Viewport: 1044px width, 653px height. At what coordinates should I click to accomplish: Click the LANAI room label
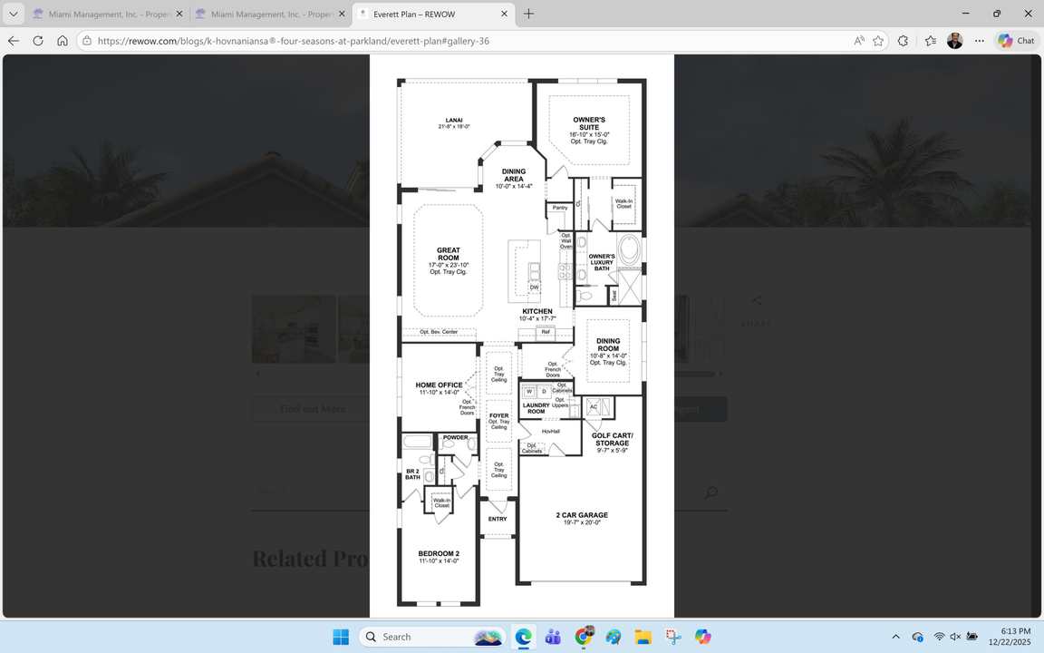pyautogui.click(x=454, y=120)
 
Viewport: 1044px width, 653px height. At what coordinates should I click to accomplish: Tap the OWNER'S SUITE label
pyautogui.click(x=589, y=123)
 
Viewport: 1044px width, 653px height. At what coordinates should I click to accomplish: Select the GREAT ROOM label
pyautogui.click(x=449, y=254)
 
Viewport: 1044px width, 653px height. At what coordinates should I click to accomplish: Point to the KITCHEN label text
pyautogui.click(x=537, y=311)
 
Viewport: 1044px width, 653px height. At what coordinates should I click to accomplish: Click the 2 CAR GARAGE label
pyautogui.click(x=582, y=515)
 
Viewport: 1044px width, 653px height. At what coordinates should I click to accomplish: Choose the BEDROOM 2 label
pyautogui.click(x=439, y=553)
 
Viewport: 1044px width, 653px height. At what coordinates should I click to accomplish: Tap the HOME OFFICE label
pyautogui.click(x=439, y=385)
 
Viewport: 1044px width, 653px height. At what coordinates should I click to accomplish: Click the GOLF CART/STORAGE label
pyautogui.click(x=612, y=439)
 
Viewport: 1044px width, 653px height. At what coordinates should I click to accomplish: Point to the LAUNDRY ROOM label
pyautogui.click(x=536, y=408)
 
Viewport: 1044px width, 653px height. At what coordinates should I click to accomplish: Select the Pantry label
pyautogui.click(x=560, y=208)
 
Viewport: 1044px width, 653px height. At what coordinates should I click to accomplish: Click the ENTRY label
pyautogui.click(x=498, y=519)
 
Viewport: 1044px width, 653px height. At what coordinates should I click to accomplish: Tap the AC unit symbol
pyautogui.click(x=594, y=406)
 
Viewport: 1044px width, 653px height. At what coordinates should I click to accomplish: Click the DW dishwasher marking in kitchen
pyautogui.click(x=534, y=288)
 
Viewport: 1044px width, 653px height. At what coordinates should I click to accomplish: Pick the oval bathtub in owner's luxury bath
pyautogui.click(x=629, y=249)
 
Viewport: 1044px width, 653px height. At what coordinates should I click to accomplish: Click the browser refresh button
pyautogui.click(x=38, y=41)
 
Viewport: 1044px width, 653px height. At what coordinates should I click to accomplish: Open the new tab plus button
pyautogui.click(x=528, y=14)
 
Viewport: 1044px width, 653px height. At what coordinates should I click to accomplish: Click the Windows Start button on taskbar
pyautogui.click(x=341, y=637)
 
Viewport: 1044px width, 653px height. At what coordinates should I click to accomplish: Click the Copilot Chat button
pyautogui.click(x=1017, y=41)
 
